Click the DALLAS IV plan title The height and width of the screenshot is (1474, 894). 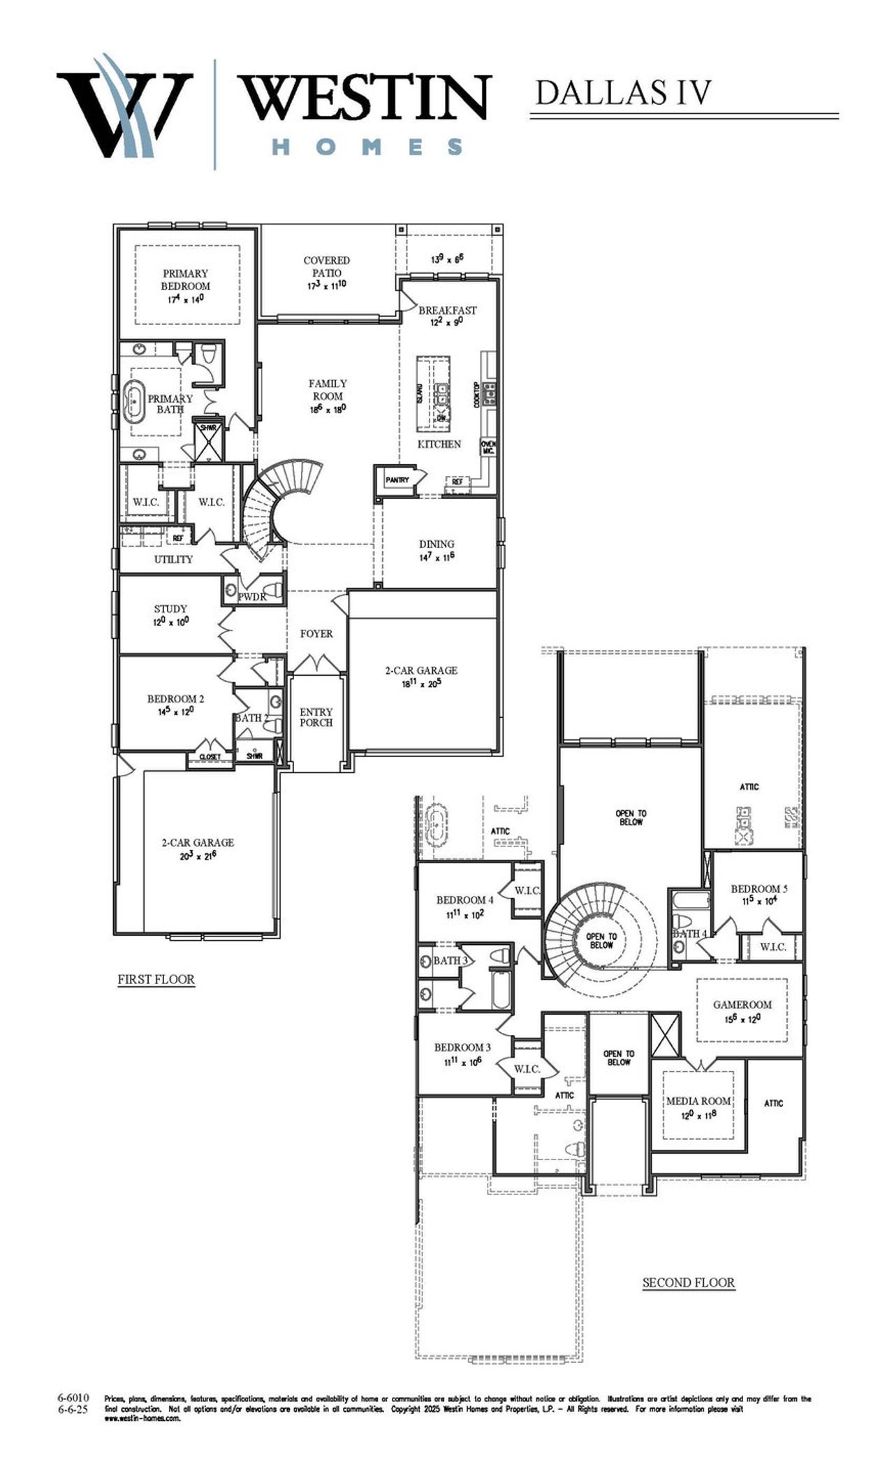tap(623, 93)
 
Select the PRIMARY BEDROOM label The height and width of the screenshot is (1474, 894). tap(186, 280)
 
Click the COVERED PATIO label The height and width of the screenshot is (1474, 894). tap(327, 266)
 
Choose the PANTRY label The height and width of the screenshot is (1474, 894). tap(397, 480)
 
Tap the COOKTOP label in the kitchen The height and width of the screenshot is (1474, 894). tap(477, 395)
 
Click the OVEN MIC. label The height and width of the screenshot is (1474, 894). tap(488, 447)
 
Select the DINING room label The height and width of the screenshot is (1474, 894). tap(437, 544)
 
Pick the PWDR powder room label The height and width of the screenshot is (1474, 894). tap(251, 597)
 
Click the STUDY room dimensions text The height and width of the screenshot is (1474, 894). tap(170, 621)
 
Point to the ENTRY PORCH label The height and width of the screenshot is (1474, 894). tap(316, 717)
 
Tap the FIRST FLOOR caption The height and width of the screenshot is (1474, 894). tap(156, 979)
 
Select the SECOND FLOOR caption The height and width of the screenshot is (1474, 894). tap(688, 1282)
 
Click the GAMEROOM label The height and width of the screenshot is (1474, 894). tap(742, 1004)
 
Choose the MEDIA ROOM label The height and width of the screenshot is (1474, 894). tap(698, 1101)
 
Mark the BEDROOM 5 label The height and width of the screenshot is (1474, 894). tap(759, 889)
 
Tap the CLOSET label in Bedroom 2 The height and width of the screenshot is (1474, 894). tap(210, 757)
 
